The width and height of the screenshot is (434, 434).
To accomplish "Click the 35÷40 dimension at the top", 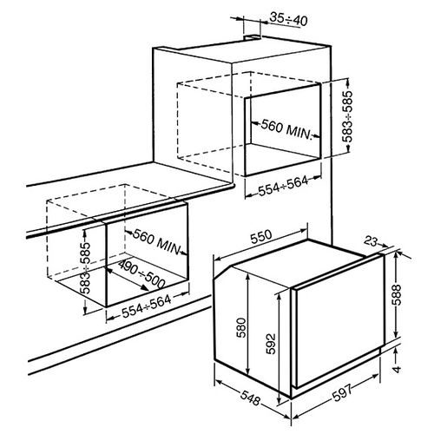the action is point(288,19).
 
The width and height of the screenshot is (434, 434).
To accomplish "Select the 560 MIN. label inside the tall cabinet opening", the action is point(286,129).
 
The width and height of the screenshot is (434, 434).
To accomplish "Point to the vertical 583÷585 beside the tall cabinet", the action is point(347,116).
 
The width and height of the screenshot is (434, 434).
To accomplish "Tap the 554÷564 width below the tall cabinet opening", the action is point(283,186).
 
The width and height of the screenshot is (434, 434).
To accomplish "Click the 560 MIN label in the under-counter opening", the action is point(157,242).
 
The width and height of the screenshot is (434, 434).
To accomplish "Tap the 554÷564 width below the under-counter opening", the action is point(147,306).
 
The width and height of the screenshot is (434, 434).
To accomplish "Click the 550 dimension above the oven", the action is point(261,237).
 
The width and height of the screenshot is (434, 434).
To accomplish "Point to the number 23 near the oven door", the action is point(371,241).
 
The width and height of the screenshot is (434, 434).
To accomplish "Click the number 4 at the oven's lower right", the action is point(398,369).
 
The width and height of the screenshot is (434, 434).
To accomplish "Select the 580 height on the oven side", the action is point(241,327).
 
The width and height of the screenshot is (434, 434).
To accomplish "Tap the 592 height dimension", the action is point(271,344).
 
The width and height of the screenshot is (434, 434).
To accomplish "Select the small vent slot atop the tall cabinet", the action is point(253,37).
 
